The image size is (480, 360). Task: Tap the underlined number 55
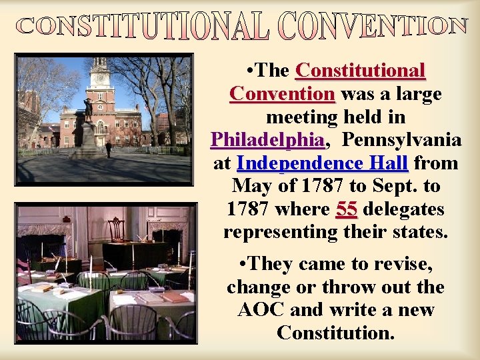click(347, 209)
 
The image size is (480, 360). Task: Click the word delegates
click(403, 209)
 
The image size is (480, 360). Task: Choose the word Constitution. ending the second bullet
click(335, 332)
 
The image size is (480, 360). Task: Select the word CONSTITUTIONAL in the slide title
click(141, 27)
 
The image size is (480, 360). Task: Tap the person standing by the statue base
click(108, 148)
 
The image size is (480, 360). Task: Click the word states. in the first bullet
click(419, 233)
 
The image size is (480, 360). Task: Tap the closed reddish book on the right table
click(175, 296)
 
